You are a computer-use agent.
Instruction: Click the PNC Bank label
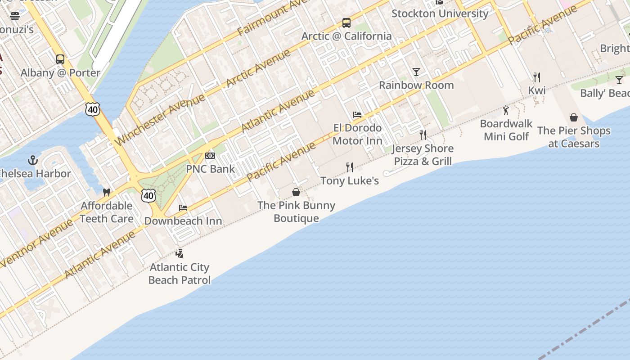210,169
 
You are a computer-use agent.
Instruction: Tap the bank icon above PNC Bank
210,156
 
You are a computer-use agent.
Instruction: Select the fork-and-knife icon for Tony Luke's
350,167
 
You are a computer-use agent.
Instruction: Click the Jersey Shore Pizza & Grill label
423,155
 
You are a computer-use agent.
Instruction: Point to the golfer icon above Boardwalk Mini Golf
506,110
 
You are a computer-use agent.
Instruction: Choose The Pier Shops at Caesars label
574,137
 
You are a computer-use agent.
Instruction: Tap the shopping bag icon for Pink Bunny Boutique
296,193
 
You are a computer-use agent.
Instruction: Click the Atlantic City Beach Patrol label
180,274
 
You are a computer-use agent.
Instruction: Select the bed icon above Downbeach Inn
183,208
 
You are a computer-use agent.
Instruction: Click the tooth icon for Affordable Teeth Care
107,193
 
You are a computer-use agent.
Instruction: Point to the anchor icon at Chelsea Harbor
32,160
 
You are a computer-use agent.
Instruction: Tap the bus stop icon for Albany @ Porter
60,59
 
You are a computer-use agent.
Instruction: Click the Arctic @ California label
346,36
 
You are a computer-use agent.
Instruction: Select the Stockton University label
440,13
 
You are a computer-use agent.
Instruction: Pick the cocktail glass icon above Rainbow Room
416,72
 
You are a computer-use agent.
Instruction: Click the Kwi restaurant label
537,90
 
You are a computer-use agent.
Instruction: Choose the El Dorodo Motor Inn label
357,134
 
